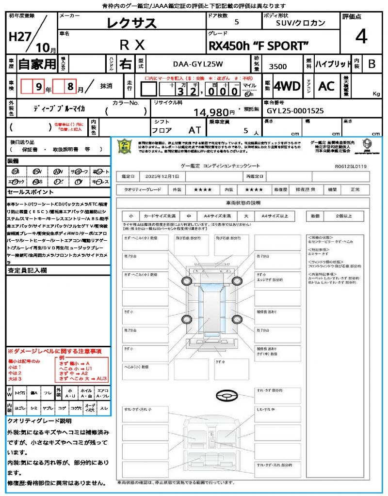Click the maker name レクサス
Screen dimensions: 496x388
click(132, 23)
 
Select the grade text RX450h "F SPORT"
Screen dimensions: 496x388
click(258, 46)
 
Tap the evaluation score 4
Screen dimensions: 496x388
click(360, 37)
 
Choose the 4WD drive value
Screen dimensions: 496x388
click(287, 86)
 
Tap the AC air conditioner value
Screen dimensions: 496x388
click(326, 86)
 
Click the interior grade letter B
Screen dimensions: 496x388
click(372, 64)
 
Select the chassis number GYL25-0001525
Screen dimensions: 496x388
click(295, 110)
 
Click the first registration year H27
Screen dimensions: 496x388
click(19, 37)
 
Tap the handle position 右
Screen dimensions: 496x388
click(125, 64)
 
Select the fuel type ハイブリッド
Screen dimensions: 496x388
click(333, 64)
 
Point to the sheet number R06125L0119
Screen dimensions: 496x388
click(351, 166)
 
